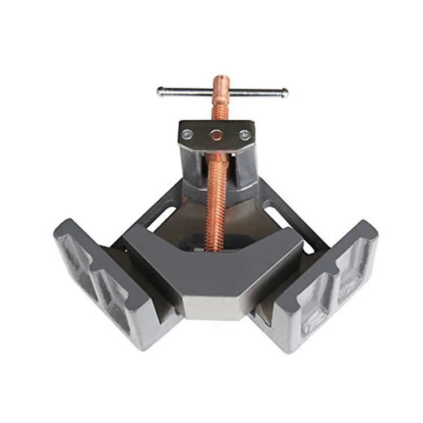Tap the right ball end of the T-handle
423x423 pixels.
point(285,92)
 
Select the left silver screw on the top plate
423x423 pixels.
point(187,134)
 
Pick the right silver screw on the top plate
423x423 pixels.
point(244,135)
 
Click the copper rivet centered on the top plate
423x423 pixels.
point(216,135)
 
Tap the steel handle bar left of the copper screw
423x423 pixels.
point(186,91)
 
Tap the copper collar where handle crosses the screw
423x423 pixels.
point(221,92)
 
